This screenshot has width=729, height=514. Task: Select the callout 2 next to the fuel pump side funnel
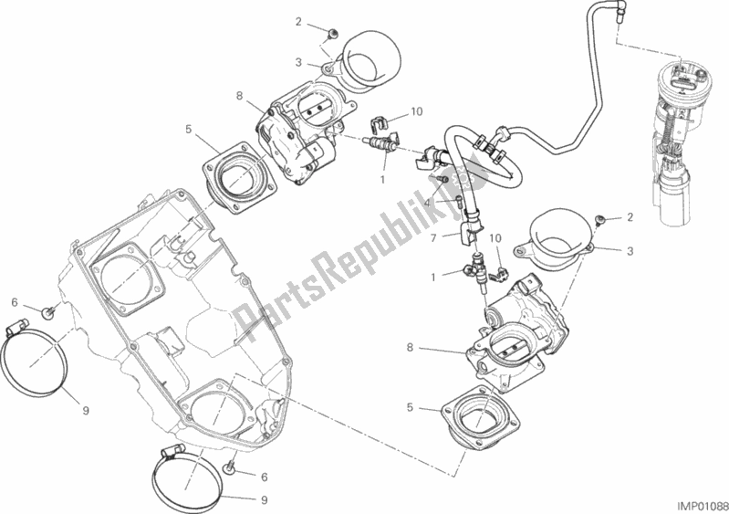pyautogui.click(x=628, y=217)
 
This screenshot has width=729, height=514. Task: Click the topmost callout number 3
pyautogui.click(x=298, y=62)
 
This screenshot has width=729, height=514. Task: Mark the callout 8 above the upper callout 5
pyautogui.click(x=239, y=95)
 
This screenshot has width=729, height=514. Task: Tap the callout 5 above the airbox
pyautogui.click(x=188, y=130)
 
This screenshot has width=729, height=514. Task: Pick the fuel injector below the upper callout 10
pyautogui.click(x=382, y=144)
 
